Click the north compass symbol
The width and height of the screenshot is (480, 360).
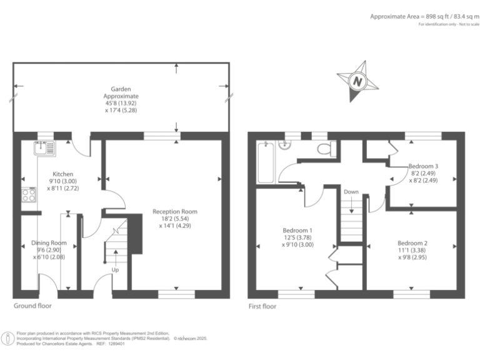[357, 81]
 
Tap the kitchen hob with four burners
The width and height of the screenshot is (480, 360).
[29, 194]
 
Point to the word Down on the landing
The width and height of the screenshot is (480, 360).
[351, 192]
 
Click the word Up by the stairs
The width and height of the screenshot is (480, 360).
[115, 270]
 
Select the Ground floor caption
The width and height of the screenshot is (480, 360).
[32, 306]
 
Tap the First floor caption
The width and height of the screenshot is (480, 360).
[262, 306]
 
